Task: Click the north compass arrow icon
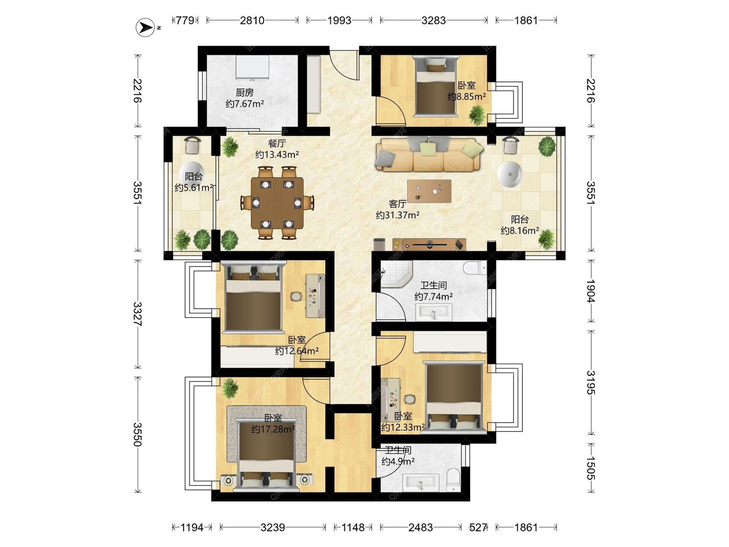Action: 145,27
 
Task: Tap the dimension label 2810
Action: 252,20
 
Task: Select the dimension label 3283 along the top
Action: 434,20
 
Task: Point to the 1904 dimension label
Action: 591,291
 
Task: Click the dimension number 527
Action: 478,527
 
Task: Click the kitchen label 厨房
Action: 245,92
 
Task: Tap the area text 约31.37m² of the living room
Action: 398,215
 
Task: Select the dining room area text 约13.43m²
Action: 277,155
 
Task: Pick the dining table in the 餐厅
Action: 277,203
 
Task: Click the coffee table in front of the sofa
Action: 429,191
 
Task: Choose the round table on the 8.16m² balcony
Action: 510,175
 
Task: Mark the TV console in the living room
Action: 429,245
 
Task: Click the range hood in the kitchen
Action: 252,68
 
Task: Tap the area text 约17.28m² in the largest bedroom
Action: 273,429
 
